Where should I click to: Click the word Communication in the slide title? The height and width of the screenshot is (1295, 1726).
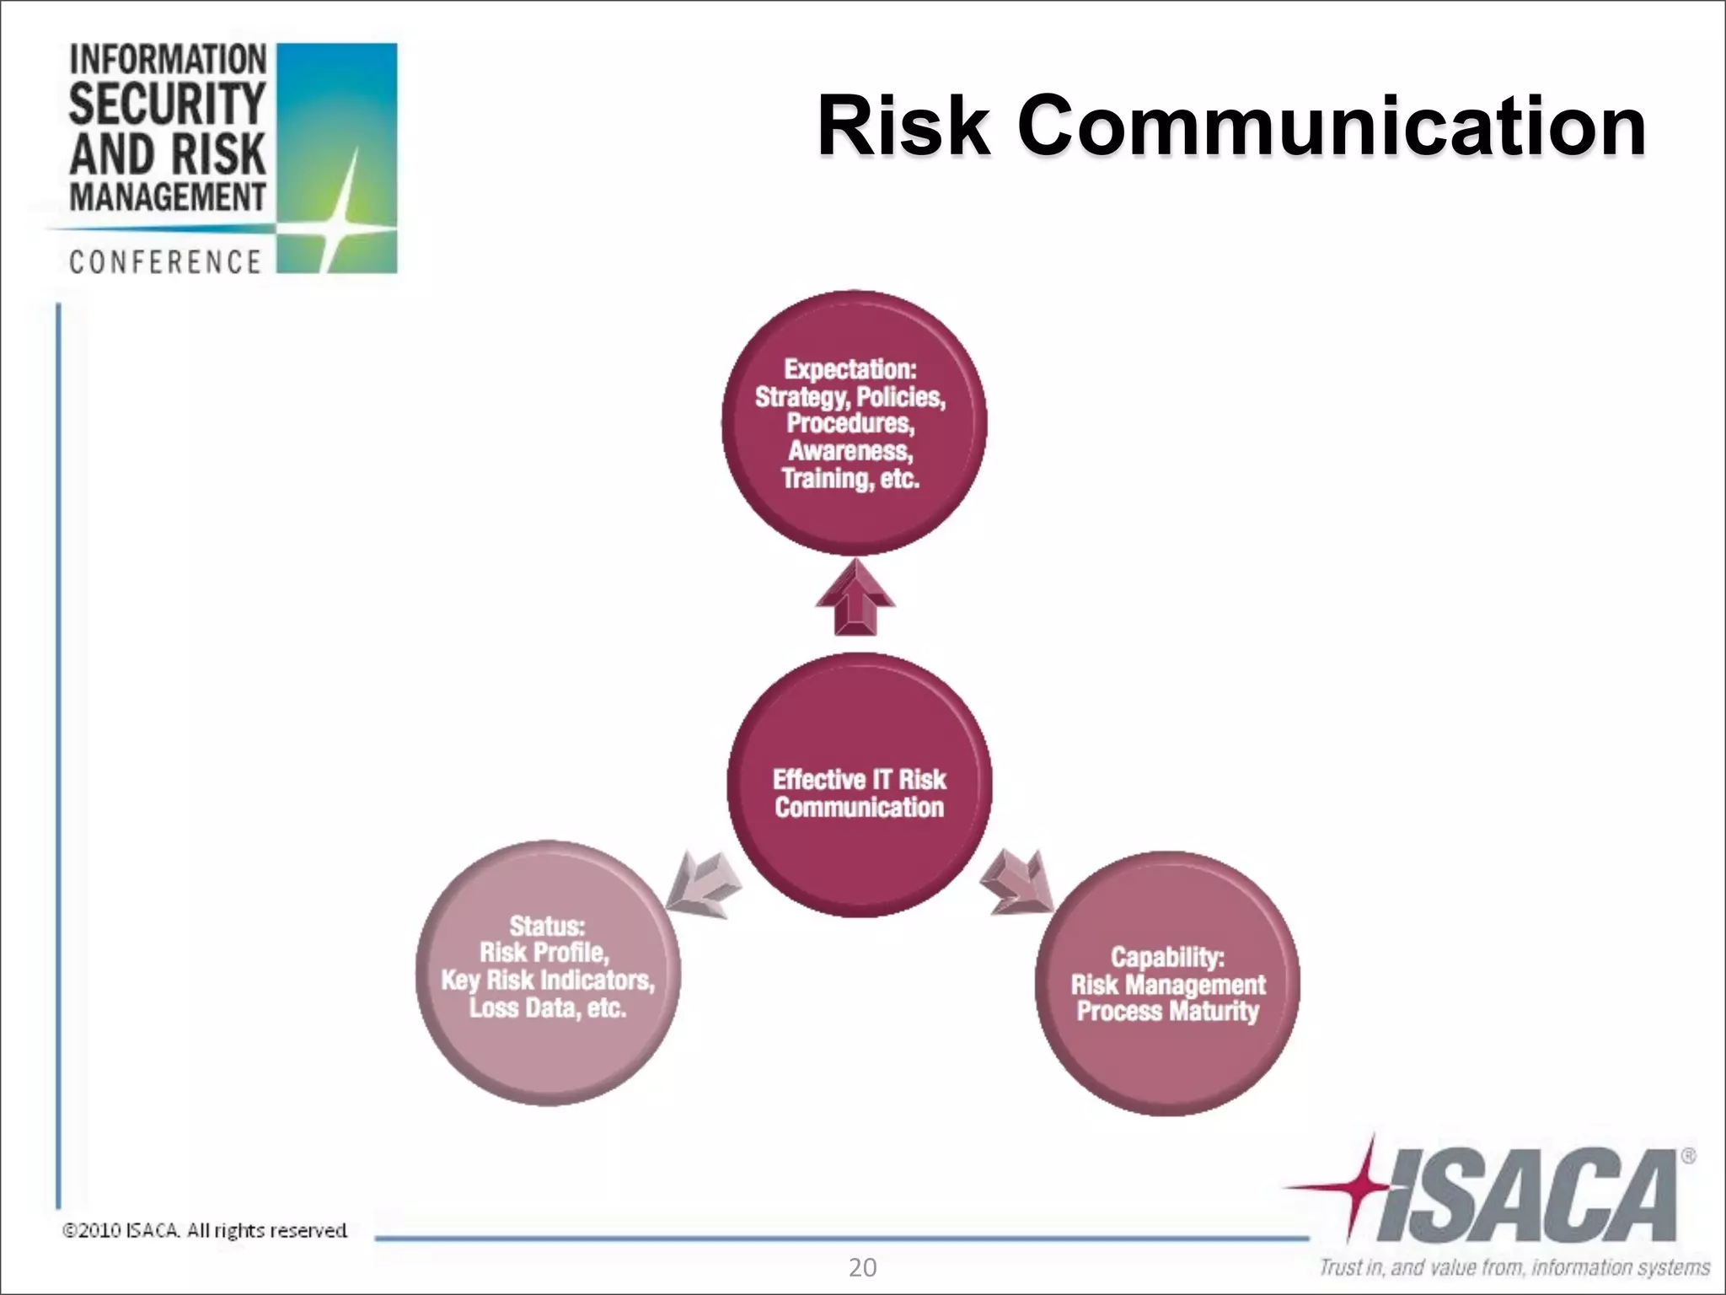point(1332,128)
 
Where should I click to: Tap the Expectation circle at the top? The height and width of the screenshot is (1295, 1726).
point(853,523)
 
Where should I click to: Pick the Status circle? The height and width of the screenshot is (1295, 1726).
point(548,1054)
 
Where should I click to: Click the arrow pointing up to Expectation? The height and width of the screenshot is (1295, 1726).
point(855,600)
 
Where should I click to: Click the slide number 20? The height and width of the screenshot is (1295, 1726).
point(862,1268)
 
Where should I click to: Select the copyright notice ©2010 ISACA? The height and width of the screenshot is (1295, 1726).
point(205,1231)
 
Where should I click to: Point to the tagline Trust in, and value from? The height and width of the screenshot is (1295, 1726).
point(1514,1267)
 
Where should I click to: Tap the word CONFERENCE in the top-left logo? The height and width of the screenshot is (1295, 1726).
point(165,262)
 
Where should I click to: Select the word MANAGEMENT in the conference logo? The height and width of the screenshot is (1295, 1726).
point(167,198)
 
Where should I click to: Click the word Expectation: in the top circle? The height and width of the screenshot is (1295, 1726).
point(850,369)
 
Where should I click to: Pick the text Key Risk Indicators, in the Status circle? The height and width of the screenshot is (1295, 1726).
point(548,980)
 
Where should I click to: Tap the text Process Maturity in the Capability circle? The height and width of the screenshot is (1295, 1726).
point(1167,1011)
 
